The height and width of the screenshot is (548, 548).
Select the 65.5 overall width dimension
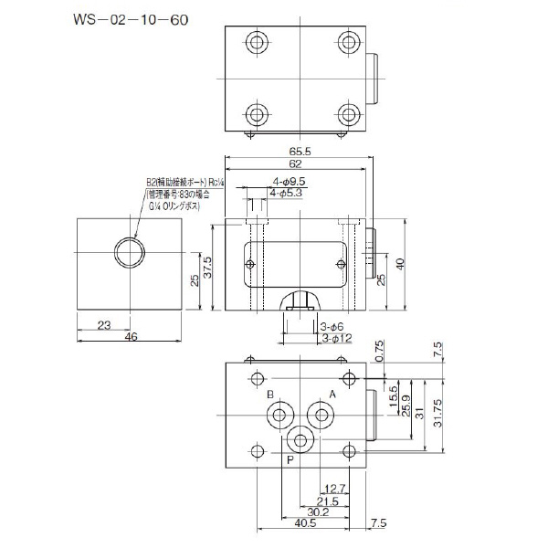pyautogui.click(x=301, y=151)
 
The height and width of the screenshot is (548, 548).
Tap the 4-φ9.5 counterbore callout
pyautogui.click(x=288, y=181)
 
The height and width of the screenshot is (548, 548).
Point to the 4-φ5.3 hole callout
pyautogui.click(x=288, y=193)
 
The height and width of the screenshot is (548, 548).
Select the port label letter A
pyautogui.click(x=332, y=395)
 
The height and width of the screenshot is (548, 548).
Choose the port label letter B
pyautogui.click(x=270, y=395)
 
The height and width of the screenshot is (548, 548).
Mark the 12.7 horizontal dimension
pyautogui.click(x=334, y=489)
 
